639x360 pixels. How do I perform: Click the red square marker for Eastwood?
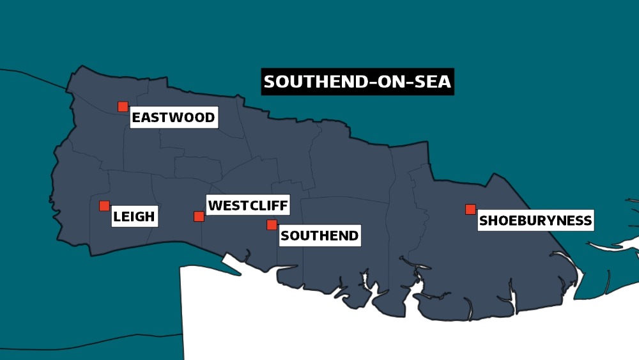point(123,107)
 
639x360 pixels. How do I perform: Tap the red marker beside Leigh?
point(104,206)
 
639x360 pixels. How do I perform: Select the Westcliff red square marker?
point(199,216)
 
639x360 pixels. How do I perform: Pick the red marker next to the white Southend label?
point(272,224)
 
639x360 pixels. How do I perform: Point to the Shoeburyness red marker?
point(470,209)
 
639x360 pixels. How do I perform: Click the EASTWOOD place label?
point(173,118)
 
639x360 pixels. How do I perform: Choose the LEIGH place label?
point(134,217)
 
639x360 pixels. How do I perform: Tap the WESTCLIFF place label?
point(248,206)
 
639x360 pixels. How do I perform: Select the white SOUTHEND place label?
point(319,235)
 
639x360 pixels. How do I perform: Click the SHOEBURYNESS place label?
point(535,221)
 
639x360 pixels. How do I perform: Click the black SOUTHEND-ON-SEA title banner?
point(357,82)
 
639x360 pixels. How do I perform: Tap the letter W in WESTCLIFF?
point(215,206)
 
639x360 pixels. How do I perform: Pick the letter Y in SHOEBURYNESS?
point(547,221)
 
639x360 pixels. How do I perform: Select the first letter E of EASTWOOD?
point(137,118)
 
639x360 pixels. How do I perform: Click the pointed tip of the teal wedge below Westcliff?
point(241,274)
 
